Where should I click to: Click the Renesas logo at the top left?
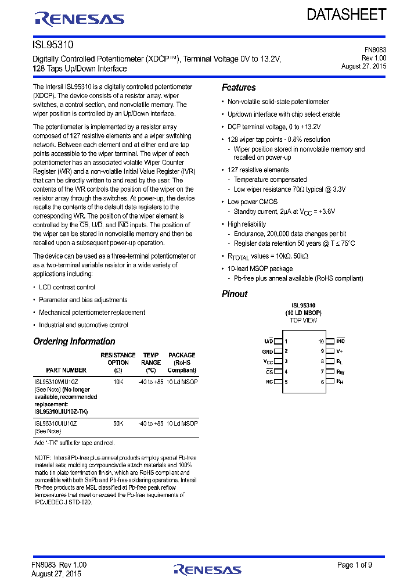click(x=80, y=19)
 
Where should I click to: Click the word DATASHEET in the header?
click(x=346, y=15)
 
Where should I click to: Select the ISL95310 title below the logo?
click(x=53, y=44)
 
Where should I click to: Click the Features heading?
click(x=239, y=88)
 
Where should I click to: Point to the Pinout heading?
click(x=235, y=294)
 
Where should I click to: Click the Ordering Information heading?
click(x=74, y=342)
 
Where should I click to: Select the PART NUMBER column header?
click(x=66, y=370)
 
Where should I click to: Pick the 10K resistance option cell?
click(x=118, y=382)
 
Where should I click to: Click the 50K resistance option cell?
click(x=118, y=424)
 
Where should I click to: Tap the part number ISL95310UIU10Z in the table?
click(x=55, y=424)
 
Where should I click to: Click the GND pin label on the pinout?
click(x=267, y=352)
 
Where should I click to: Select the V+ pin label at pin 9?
click(x=340, y=351)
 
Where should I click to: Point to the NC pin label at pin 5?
click(x=269, y=382)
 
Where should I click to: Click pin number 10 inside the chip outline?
click(x=321, y=342)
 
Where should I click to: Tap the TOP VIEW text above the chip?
click(x=303, y=321)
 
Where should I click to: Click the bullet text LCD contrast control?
click(x=67, y=288)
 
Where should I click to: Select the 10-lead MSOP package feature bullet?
click(x=260, y=269)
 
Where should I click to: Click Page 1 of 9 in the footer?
click(x=355, y=565)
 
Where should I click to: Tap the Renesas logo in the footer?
click(x=207, y=570)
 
